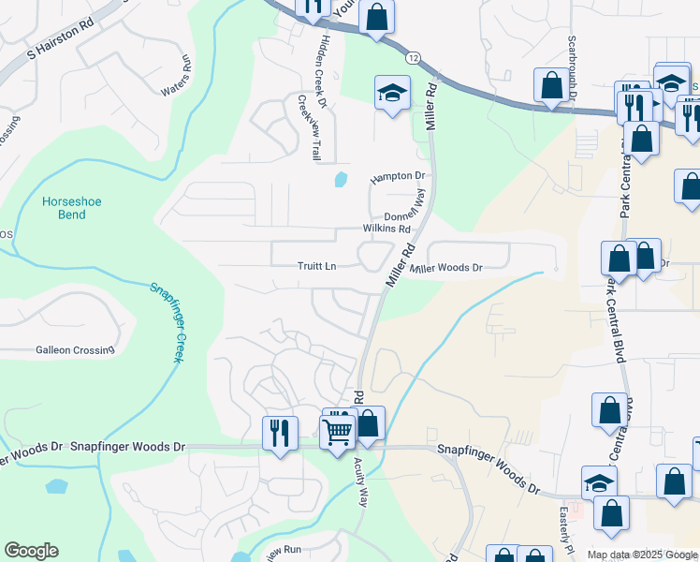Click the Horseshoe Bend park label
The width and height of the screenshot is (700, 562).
[x=65, y=208]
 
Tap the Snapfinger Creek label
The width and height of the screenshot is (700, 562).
[x=165, y=323]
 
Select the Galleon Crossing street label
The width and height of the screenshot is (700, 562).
[x=75, y=350]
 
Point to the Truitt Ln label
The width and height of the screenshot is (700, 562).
[x=318, y=266]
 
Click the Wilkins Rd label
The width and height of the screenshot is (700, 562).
[x=387, y=229]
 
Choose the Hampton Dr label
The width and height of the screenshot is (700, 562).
[x=398, y=176]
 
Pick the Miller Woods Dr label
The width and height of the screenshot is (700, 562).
[x=446, y=268]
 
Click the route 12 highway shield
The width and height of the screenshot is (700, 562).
[x=413, y=58]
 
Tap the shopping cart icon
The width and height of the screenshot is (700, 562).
[x=336, y=431]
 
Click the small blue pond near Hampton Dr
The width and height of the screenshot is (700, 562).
[x=341, y=177]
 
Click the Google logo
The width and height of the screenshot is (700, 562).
[x=31, y=551]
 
